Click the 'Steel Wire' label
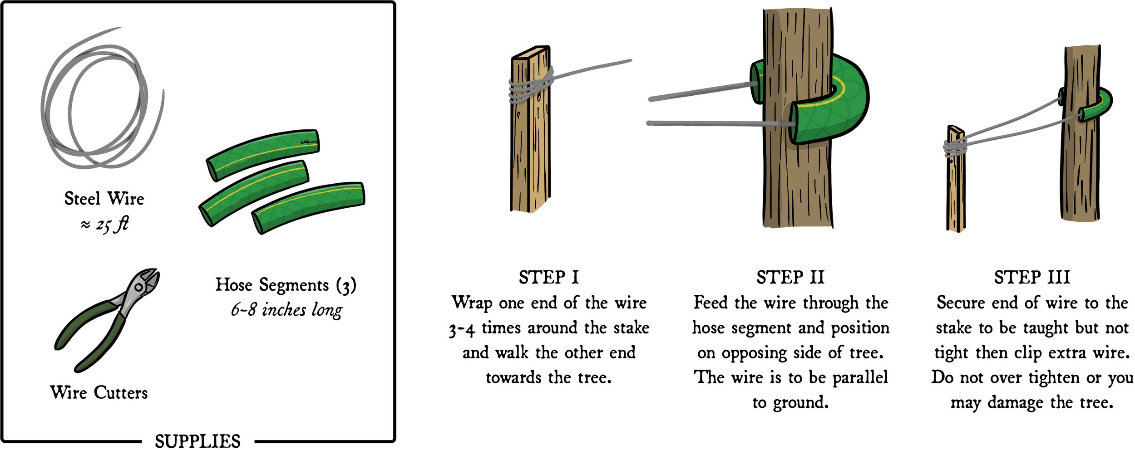point(104,199)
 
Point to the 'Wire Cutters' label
point(99,392)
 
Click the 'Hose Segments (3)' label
point(286,285)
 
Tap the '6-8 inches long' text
point(286,310)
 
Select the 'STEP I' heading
point(548,277)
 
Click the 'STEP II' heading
point(790,277)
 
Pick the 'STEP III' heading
point(1031,277)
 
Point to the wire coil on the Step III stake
point(955,148)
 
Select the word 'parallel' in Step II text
point(860,377)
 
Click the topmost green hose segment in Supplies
point(263,154)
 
